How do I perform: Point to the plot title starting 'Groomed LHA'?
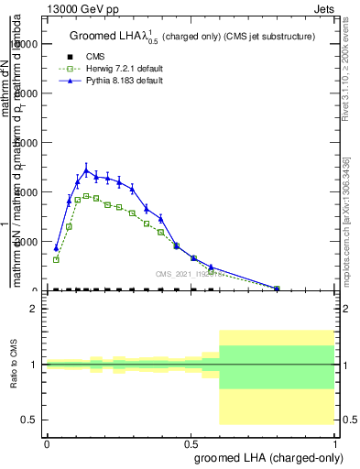click(x=192, y=37)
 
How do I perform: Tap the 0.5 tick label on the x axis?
click(x=191, y=442)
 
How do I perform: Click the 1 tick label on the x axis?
click(x=336, y=442)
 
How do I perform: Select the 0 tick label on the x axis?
click(x=47, y=442)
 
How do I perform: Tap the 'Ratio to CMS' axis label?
click(x=15, y=364)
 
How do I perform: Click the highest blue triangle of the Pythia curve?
click(x=86, y=170)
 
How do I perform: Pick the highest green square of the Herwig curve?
click(x=86, y=196)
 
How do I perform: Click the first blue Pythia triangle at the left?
click(x=56, y=247)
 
